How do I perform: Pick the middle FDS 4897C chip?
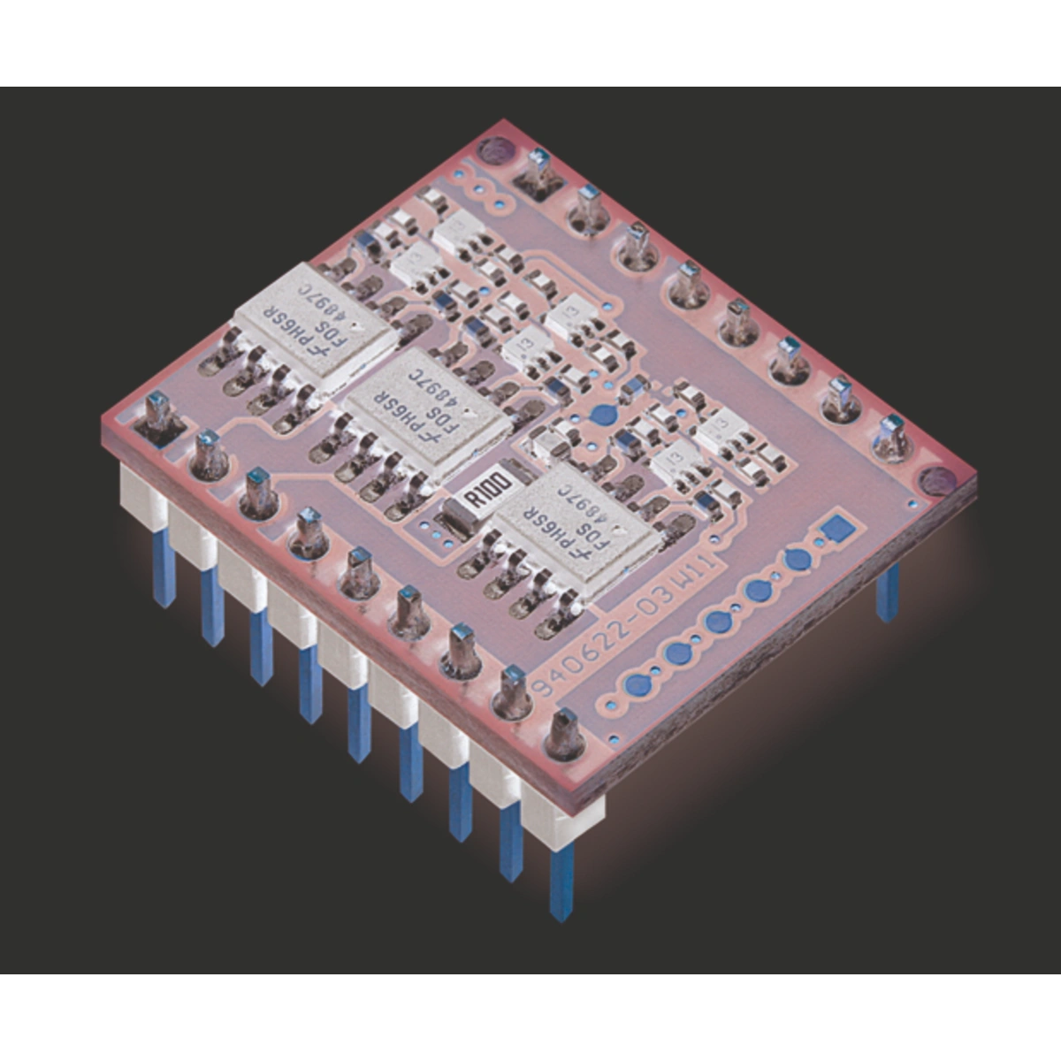(429, 409)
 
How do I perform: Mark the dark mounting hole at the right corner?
(934, 481)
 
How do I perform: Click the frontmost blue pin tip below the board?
(561, 884)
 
